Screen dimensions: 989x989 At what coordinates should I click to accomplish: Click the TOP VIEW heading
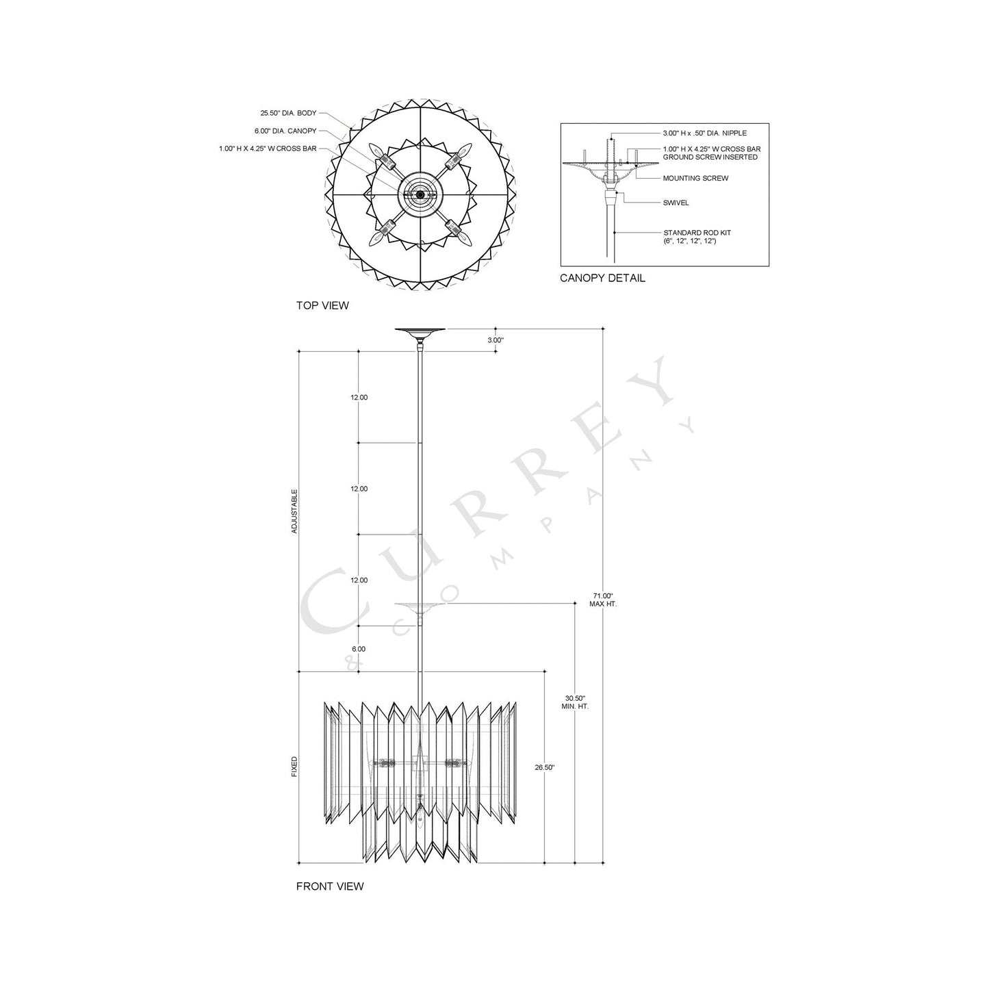point(322,305)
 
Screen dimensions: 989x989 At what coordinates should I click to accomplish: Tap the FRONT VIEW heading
point(329,886)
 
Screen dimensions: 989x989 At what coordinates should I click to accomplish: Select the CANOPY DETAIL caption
point(602,278)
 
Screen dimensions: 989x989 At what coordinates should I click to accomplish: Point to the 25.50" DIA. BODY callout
point(288,113)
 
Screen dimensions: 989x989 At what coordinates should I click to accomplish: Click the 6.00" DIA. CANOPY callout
point(285,131)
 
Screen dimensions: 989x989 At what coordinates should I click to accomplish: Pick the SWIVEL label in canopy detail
point(676,203)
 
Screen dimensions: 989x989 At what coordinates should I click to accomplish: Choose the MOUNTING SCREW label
point(695,178)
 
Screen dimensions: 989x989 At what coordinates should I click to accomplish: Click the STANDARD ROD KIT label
point(697,237)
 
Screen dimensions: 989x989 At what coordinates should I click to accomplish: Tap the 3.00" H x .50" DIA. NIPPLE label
point(705,133)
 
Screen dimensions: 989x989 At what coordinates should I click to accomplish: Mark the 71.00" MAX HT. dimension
point(603,600)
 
